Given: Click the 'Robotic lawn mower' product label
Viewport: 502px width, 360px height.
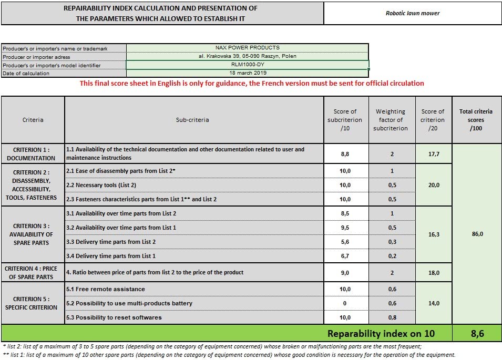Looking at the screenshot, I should [413, 13].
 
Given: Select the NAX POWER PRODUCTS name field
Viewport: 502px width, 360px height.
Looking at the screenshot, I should [247, 48].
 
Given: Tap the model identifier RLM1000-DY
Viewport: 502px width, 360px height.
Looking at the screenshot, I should [247, 65].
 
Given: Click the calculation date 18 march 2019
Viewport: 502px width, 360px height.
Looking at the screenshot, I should [247, 73].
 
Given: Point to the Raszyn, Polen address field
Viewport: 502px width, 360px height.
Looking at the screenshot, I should [247, 56].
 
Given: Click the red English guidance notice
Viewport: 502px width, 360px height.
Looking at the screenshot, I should [252, 83].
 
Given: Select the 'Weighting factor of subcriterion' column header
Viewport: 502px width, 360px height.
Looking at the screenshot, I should [391, 120].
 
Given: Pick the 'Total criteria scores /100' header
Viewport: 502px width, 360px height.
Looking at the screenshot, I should [476, 120].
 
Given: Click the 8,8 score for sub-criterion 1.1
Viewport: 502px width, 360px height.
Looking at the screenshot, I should [345, 154].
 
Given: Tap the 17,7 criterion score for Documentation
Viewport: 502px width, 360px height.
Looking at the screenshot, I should [433, 154].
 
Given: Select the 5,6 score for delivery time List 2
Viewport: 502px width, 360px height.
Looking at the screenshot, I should [345, 242].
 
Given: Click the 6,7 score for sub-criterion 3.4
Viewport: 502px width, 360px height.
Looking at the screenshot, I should [345, 256].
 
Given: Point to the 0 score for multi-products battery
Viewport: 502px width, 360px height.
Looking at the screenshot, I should [345, 303].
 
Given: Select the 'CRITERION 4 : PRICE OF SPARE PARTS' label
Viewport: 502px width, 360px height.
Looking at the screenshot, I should [31, 273].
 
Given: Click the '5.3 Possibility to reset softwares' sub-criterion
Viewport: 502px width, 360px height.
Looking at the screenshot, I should [113, 317].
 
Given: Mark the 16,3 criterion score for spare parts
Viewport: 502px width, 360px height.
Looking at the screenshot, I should [433, 234].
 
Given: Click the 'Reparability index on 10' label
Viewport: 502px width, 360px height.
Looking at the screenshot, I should [381, 333].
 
